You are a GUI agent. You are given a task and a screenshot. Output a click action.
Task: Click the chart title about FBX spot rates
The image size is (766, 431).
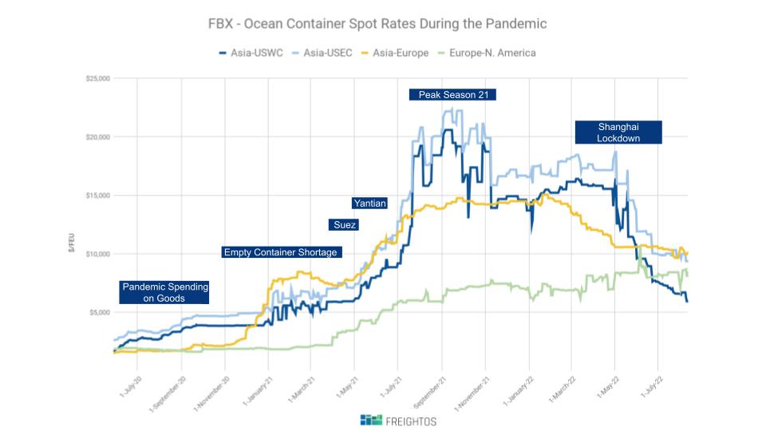pos(377,24)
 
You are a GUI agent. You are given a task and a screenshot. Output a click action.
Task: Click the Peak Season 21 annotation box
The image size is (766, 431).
pos(452,94)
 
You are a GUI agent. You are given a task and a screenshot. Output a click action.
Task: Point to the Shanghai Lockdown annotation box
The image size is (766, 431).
pos(618,132)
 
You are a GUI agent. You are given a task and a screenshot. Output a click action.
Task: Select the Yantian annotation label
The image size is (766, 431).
pos(369,204)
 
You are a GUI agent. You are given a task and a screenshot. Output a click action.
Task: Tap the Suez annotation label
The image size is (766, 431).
pos(344,225)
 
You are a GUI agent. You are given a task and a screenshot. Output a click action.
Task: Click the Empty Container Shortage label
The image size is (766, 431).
pos(281,252)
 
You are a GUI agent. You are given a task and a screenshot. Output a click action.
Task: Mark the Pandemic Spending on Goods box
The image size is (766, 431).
pos(164,292)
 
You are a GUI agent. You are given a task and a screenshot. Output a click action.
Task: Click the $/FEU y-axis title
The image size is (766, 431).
pos(73,245)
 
